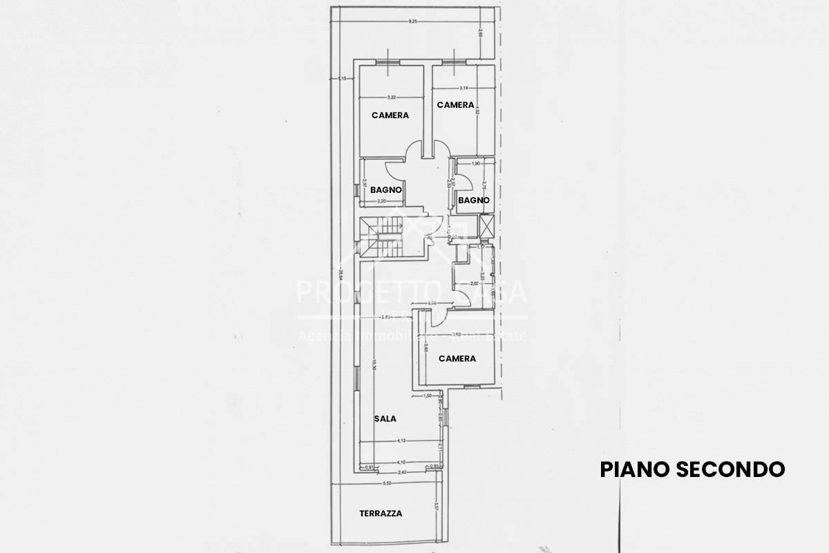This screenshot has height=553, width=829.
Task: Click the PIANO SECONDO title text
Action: [692, 469]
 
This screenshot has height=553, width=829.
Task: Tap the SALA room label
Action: [385, 419]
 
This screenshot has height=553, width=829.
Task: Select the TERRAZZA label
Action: [381, 514]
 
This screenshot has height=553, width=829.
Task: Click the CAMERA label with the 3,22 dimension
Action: [390, 115]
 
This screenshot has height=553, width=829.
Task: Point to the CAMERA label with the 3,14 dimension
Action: [455, 105]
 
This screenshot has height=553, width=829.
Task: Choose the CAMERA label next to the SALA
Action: [457, 359]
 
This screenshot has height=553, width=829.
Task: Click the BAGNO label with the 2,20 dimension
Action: [387, 189]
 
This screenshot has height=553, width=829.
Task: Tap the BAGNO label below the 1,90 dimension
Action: [474, 200]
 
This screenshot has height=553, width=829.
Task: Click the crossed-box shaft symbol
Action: [487, 226]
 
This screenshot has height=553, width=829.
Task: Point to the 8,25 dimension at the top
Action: [413, 22]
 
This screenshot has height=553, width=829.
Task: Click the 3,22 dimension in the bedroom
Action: [391, 97]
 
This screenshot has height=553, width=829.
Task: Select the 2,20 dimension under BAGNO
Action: [381, 201]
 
